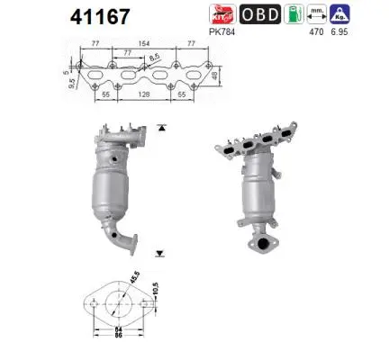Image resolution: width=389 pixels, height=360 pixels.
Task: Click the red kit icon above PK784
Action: tap(222, 15)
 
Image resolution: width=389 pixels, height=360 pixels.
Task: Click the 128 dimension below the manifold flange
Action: tap(129, 94)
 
